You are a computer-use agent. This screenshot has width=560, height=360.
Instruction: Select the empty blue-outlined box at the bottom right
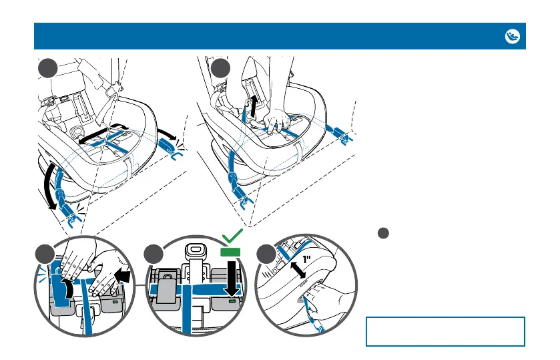tap(445, 331)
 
